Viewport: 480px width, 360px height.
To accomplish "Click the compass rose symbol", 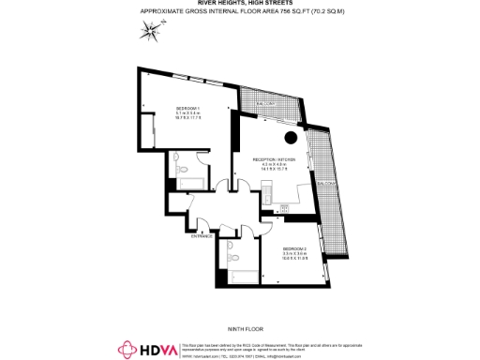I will pos(150,33).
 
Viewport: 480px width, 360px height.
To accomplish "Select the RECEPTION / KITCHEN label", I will pos(274,160).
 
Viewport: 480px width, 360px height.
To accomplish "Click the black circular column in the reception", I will pos(292,138).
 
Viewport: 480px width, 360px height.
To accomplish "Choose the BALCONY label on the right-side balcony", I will pos(325,181).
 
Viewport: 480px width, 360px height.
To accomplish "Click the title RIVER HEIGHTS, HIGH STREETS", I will pos(241,5).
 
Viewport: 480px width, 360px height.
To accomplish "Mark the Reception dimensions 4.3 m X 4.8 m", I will pos(274,166).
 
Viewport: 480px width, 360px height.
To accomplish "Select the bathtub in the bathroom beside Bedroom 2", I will pos(240,274).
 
